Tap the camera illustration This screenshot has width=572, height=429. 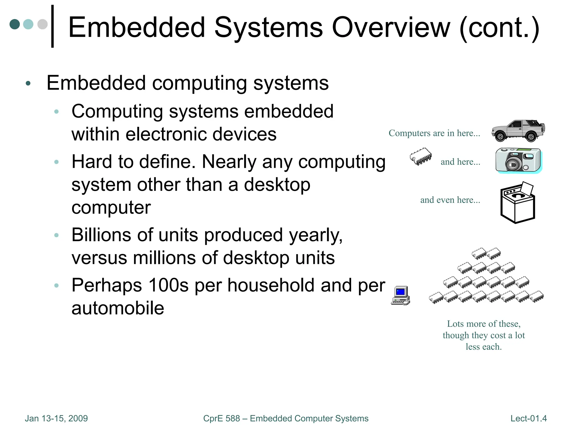(x=518, y=160)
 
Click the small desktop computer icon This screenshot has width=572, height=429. (x=401, y=295)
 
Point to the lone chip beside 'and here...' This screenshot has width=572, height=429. (x=421, y=156)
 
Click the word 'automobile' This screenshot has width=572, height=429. (x=118, y=308)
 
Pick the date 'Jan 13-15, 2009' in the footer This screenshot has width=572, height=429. (x=56, y=418)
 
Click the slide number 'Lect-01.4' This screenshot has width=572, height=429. (x=528, y=418)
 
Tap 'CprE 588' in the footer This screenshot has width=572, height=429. (x=221, y=418)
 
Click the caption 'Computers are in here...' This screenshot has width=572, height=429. (x=434, y=133)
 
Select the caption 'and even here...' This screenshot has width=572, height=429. (x=450, y=200)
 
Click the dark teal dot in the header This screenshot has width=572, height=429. (x=15, y=24)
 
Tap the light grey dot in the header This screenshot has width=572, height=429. (x=42, y=24)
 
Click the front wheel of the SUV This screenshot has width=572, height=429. (x=500, y=137)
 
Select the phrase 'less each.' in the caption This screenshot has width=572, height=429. (x=483, y=347)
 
